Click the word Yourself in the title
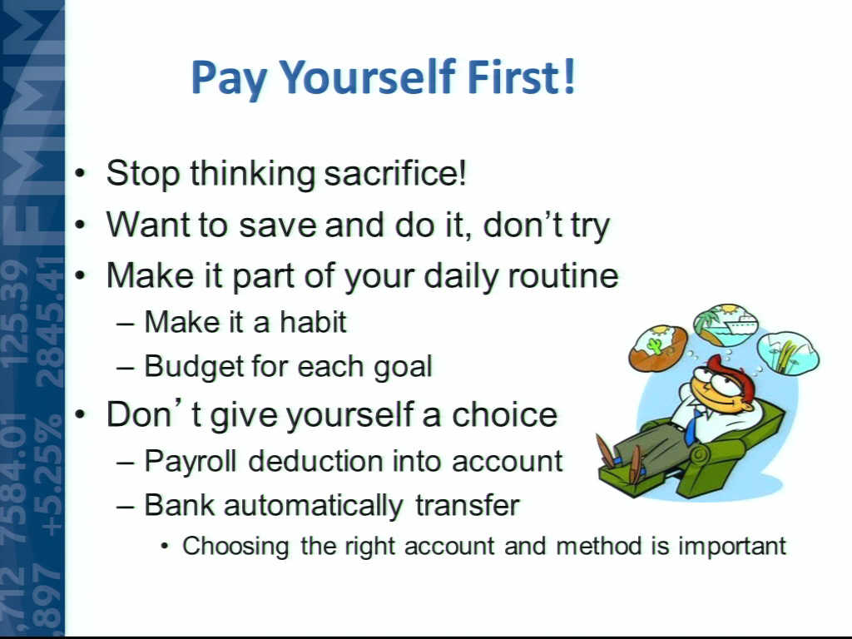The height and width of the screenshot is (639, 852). pyautogui.click(x=367, y=78)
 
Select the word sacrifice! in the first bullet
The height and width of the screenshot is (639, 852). pyautogui.click(x=395, y=173)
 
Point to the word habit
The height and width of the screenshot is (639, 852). pyautogui.click(x=313, y=322)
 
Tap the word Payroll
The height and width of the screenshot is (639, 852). pyautogui.click(x=191, y=462)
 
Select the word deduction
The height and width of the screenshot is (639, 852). pyautogui.click(x=315, y=461)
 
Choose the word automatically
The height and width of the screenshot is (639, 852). pyautogui.click(x=313, y=506)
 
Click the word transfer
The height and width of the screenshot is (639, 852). pyautogui.click(x=468, y=505)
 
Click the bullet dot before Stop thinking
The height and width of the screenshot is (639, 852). pyautogui.click(x=81, y=174)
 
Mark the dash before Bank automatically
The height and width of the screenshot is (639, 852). pyautogui.click(x=125, y=506)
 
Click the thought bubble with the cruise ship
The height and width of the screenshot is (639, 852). pyautogui.click(x=726, y=325)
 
